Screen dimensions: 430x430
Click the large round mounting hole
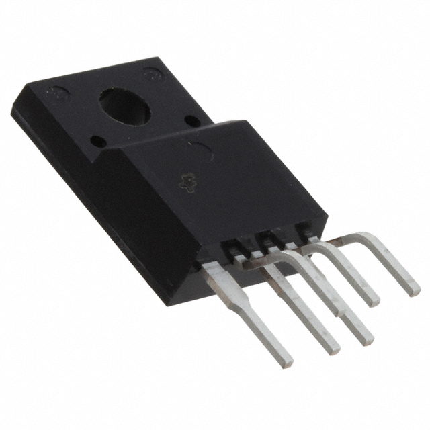click(x=126, y=105)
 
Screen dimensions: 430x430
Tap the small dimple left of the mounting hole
click(x=97, y=142)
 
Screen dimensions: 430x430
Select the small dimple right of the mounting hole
click(x=192, y=121)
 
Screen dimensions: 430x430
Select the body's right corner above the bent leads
click(x=327, y=219)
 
